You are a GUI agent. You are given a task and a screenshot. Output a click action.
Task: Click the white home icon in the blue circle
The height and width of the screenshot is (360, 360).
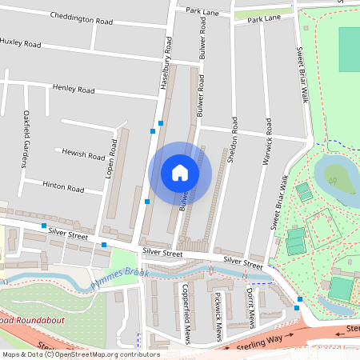[x=180, y=173]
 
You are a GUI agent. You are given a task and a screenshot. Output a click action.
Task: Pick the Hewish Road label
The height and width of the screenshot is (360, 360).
[x=84, y=154]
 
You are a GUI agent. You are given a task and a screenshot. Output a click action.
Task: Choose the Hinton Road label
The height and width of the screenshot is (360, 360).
[x=64, y=189]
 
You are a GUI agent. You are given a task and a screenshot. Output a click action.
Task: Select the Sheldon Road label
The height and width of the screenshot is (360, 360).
[x=234, y=139]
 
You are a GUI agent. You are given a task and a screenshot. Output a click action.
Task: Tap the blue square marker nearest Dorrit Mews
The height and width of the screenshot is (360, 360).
[x=298, y=308]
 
